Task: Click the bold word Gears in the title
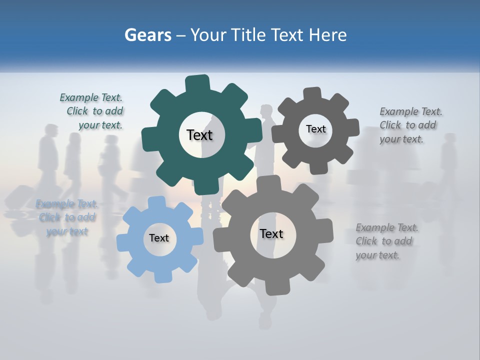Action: pos(148,35)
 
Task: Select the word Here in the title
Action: pos(327,35)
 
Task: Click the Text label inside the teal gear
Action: pos(199,135)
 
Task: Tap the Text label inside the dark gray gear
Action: pos(315,129)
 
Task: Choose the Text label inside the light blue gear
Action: pos(159,238)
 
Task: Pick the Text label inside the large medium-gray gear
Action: pos(271,233)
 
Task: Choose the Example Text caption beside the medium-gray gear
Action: pos(385,241)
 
